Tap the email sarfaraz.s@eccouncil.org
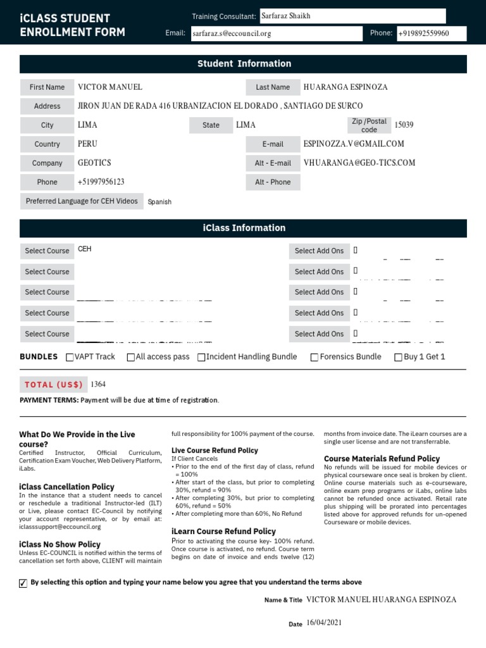[x=231, y=34]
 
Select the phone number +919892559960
[x=424, y=34]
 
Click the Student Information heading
[x=244, y=63]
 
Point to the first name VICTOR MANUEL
[x=109, y=87]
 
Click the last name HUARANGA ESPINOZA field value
[x=346, y=87]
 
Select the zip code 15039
[x=404, y=125]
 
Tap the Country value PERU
[x=87, y=144]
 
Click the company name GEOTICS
[x=94, y=163]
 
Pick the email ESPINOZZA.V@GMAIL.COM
[x=354, y=144]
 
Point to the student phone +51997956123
[x=101, y=182]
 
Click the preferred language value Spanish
[x=159, y=202]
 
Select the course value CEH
[x=84, y=249]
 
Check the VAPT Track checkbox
[x=70, y=358]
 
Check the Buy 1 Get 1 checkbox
[x=398, y=358]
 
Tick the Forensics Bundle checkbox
[x=315, y=358]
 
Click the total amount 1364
[x=98, y=384]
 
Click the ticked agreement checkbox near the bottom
[x=23, y=583]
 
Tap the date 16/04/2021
[x=323, y=623]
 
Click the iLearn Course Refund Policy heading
[x=223, y=531]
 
